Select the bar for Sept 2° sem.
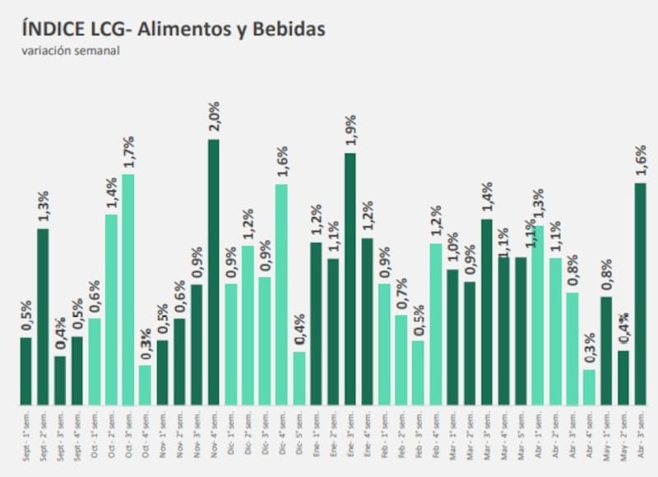tap(43, 317)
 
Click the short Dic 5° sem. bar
tap(299, 378)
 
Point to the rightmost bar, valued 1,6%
tap(640, 294)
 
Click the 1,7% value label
tap(128, 153)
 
